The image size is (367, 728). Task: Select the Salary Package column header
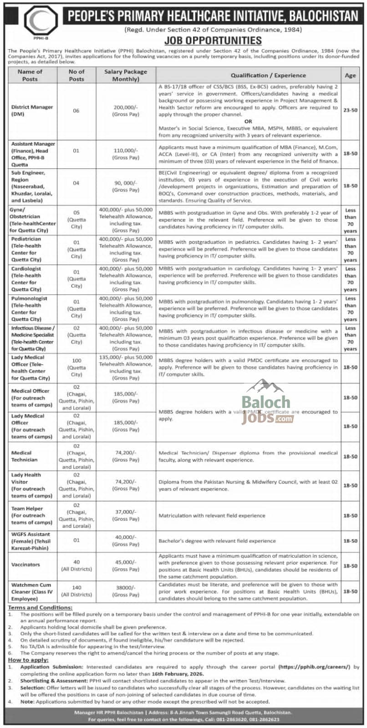click(126, 75)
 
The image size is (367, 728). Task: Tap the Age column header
click(350, 76)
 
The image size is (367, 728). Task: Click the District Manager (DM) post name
click(32, 111)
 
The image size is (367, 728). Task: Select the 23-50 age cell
click(350, 111)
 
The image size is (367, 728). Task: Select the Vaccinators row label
click(25, 565)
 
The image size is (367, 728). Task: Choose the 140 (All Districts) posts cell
click(76, 591)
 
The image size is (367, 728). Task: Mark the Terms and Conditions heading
click(40, 607)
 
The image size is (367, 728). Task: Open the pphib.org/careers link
click(315, 667)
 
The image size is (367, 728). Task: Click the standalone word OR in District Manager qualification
click(248, 122)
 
